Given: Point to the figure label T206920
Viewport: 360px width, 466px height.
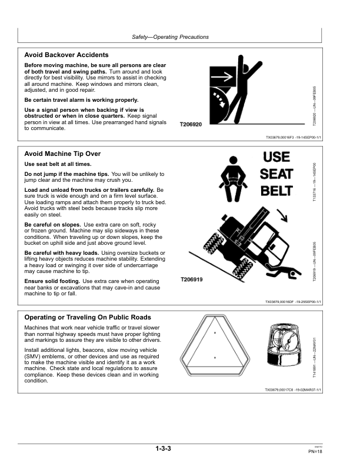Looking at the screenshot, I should pyautogui.click(x=192, y=124).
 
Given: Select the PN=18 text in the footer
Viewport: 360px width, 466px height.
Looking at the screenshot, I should pyautogui.click(x=315, y=451).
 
